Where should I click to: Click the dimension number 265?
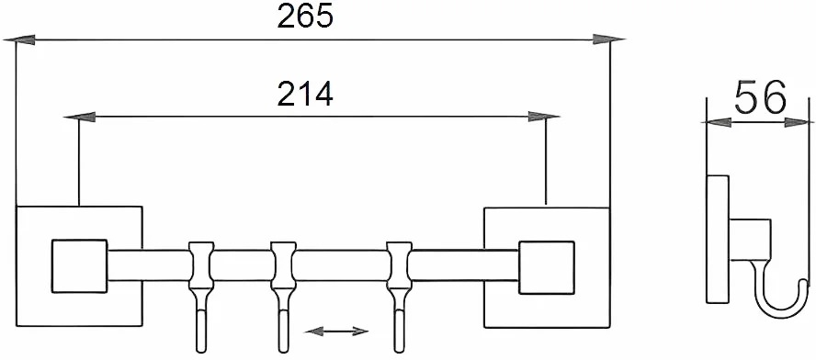(305, 17)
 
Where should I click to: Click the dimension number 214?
(305, 95)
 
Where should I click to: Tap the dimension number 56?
(759, 98)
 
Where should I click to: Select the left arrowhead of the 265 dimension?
(20, 39)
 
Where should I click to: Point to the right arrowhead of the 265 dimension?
(609, 39)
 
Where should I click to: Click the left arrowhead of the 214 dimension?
(80, 117)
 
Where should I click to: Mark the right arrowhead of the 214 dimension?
(543, 117)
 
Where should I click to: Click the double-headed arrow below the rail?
(336, 331)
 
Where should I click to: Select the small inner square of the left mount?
(80, 265)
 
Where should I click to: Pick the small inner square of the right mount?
(547, 267)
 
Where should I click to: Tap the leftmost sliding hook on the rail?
(201, 297)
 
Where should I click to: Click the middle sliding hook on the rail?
(284, 297)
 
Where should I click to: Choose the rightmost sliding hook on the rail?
(399, 297)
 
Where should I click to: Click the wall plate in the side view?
(718, 240)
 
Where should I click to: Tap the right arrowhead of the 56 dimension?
(799, 122)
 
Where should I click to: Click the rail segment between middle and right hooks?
(342, 265)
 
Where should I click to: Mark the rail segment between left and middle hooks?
(242, 265)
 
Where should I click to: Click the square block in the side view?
(750, 240)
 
